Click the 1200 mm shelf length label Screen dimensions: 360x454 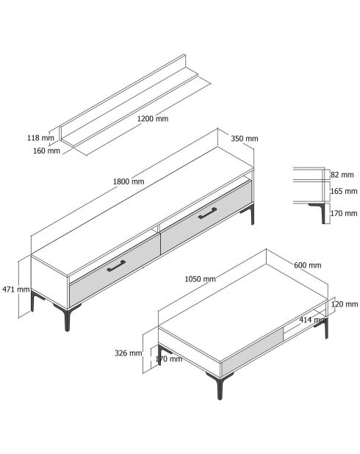pos(153,119)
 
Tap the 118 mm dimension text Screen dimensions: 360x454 pos(40,138)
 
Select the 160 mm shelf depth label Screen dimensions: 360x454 pos(46,151)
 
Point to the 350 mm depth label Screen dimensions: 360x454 pos(245,139)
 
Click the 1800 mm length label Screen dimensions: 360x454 pos(129,181)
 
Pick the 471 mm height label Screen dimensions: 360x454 pos(16,289)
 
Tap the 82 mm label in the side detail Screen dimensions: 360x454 pos(342,175)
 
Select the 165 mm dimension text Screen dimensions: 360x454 pos(344,192)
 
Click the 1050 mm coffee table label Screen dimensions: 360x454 pos(200,279)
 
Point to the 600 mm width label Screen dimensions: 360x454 pos(308,265)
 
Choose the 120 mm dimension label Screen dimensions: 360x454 pos(345,304)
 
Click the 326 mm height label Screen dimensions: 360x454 pos(129,353)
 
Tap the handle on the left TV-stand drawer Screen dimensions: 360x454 pos(116,266)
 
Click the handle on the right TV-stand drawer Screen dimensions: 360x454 pos(208,213)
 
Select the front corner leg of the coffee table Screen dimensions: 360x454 pos(219,386)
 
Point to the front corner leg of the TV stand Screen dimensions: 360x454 pos(67,317)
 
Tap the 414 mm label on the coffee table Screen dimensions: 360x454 pos(313,320)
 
